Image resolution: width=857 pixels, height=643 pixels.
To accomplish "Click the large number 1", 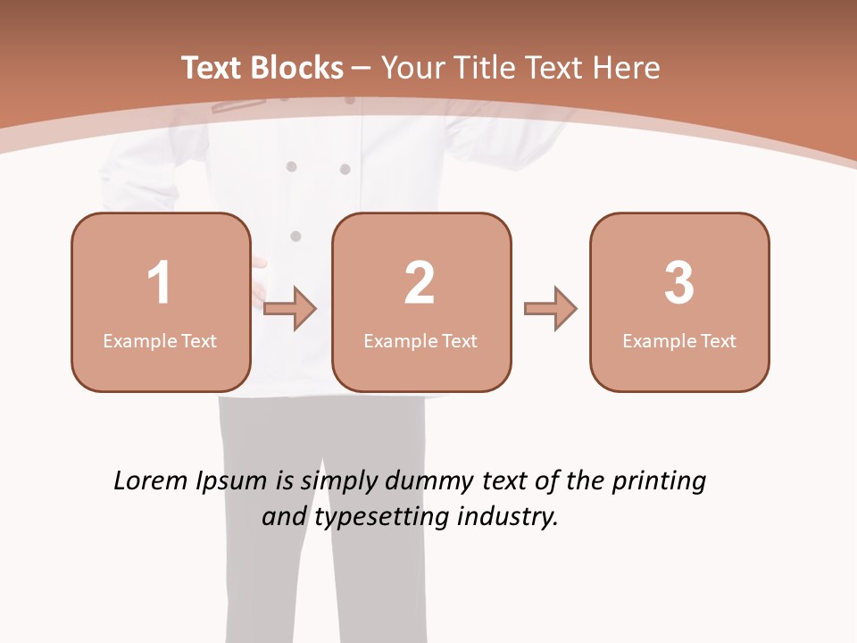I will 159,283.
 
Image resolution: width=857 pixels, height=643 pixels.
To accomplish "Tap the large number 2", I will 420,283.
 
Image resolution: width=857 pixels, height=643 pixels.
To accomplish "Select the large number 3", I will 679,283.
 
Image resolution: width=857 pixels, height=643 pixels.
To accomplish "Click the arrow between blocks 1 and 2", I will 290,309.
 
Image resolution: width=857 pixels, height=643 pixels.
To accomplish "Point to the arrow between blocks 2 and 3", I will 551,309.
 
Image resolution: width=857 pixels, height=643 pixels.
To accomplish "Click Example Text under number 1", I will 160,340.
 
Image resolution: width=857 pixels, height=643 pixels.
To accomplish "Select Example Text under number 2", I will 420,340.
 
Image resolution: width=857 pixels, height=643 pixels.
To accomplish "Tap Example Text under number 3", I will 679,340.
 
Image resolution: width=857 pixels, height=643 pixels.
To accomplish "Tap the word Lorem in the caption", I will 150,480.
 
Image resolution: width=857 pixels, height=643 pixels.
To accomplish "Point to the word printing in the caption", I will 658,482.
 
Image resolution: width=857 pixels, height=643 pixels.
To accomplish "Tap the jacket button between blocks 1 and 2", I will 295,236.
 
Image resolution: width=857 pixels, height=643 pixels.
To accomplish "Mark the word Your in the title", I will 412,68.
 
